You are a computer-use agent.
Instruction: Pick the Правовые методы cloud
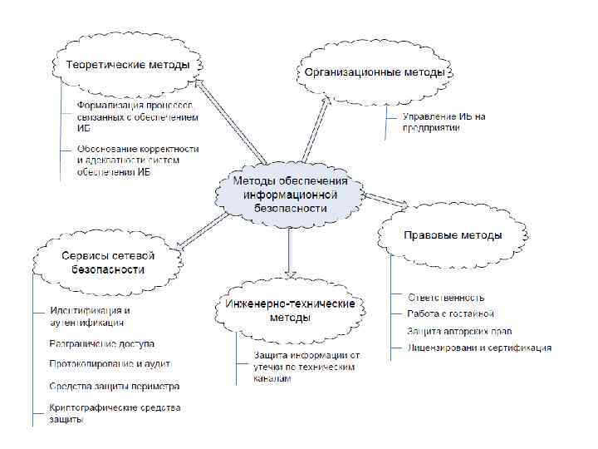[x=453, y=235]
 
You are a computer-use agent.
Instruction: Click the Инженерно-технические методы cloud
[x=291, y=310]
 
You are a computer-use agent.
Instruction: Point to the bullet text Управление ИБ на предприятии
[x=444, y=121]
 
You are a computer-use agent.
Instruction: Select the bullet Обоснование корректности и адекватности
[x=137, y=160]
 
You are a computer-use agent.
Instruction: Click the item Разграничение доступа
[x=101, y=343]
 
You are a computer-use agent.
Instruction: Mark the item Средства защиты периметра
[x=114, y=386]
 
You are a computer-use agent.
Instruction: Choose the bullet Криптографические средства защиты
[x=114, y=413]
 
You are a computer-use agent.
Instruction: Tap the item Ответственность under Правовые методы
[x=446, y=297]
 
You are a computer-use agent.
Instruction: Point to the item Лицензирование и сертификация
[x=478, y=348]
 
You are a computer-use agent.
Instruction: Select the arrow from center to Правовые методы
[x=386, y=200]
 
